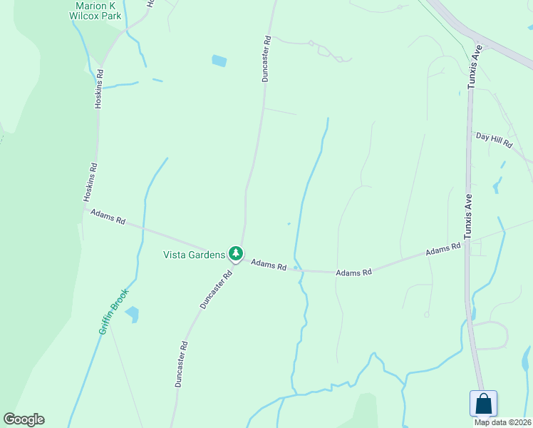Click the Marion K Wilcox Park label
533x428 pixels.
point(95,10)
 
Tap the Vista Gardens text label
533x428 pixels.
point(194,255)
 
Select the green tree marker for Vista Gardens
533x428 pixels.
point(235,253)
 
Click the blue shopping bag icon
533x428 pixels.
point(484,403)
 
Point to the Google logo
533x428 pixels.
point(24,419)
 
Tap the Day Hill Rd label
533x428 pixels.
point(494,139)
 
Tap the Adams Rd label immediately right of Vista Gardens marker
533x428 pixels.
point(269,265)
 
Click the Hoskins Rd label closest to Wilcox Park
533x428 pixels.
point(100,88)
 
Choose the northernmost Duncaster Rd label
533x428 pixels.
point(265,58)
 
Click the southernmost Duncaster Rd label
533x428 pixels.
point(181,364)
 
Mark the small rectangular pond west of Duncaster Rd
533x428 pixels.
point(219,61)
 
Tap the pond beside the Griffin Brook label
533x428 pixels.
point(132,314)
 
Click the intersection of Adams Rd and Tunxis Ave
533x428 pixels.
point(467,243)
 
